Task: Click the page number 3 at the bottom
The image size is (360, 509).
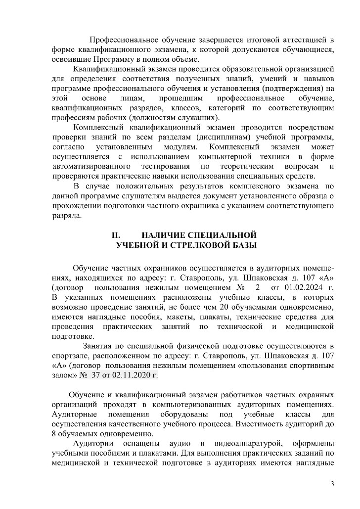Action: (x=333, y=483)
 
